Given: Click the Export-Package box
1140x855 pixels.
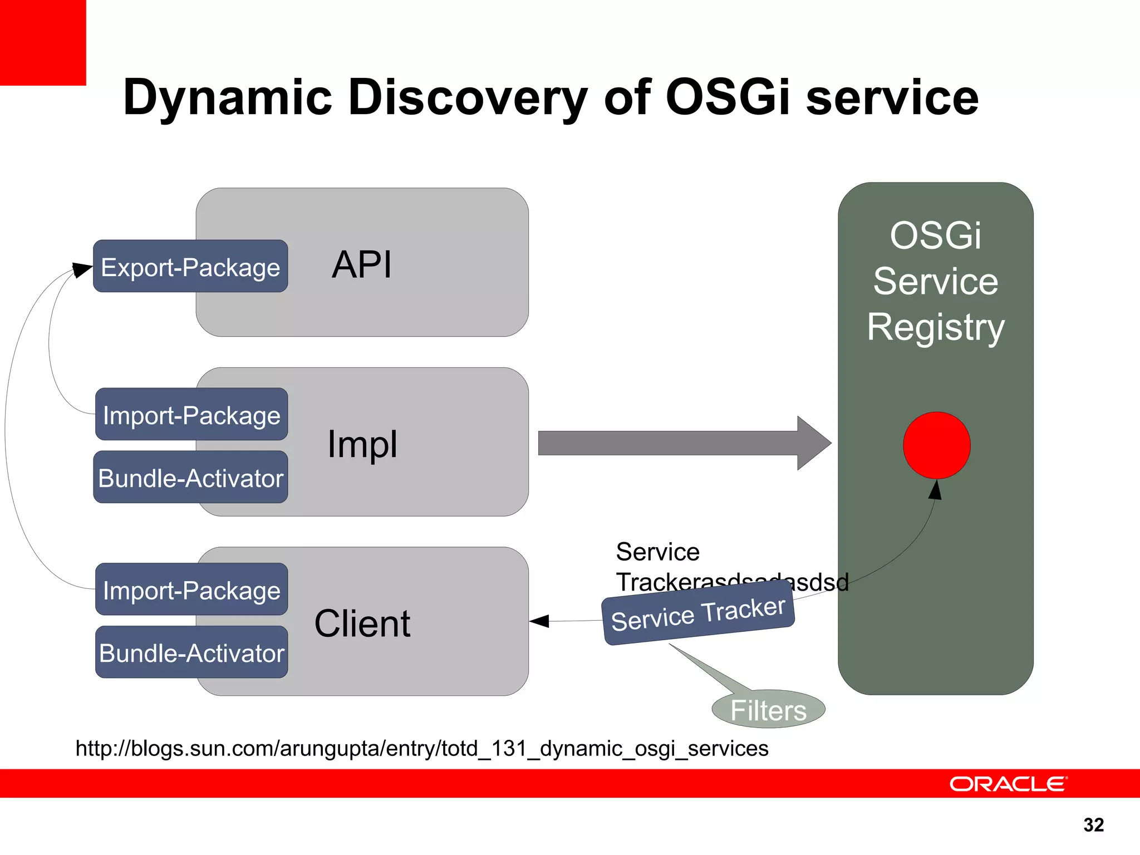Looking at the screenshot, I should pyautogui.click(x=190, y=267).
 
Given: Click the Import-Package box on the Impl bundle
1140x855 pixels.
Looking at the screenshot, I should pyautogui.click(x=191, y=415).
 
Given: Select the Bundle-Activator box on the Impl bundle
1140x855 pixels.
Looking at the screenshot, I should pyautogui.click(x=190, y=478).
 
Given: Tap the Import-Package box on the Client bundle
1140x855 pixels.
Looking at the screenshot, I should pyautogui.click(x=191, y=589).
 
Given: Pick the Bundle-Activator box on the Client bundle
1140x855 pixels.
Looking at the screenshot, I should pyautogui.click(x=191, y=652).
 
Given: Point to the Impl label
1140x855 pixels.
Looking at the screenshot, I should pyautogui.click(x=362, y=444).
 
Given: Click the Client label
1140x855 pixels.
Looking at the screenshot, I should pyautogui.click(x=362, y=623).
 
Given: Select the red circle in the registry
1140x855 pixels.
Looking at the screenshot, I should pyautogui.click(x=936, y=445).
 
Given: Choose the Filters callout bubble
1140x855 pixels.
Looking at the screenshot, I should pyautogui.click(x=768, y=710).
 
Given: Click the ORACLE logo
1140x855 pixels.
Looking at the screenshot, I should pyautogui.click(x=1008, y=784).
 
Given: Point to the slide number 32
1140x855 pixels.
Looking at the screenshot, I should pyautogui.click(x=1093, y=824).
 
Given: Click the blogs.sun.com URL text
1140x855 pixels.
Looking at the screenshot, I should pyautogui.click(x=421, y=749).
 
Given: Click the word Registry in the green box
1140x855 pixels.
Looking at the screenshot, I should pyautogui.click(x=936, y=327).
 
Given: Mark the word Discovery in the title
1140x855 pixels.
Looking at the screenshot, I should pyautogui.click(x=468, y=98).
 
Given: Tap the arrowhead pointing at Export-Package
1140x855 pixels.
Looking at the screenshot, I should pyautogui.click(x=83, y=270).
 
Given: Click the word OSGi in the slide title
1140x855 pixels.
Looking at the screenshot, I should pyautogui.click(x=728, y=98).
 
